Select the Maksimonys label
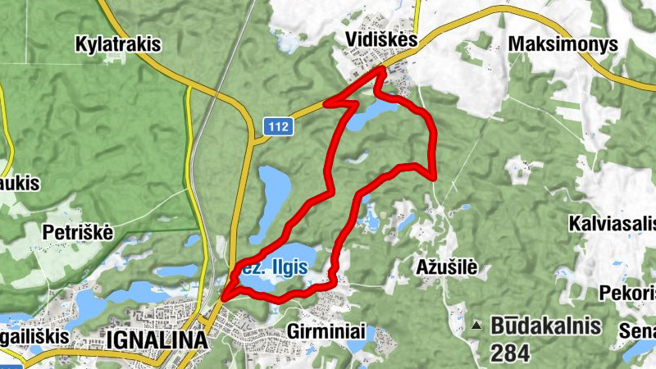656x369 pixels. coord(563,44)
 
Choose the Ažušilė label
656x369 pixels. coord(446,266)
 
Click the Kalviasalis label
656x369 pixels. coord(611,222)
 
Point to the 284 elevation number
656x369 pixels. coord(512,353)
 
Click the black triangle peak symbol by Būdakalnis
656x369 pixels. coord(476,326)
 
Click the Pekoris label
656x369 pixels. coord(628,293)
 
